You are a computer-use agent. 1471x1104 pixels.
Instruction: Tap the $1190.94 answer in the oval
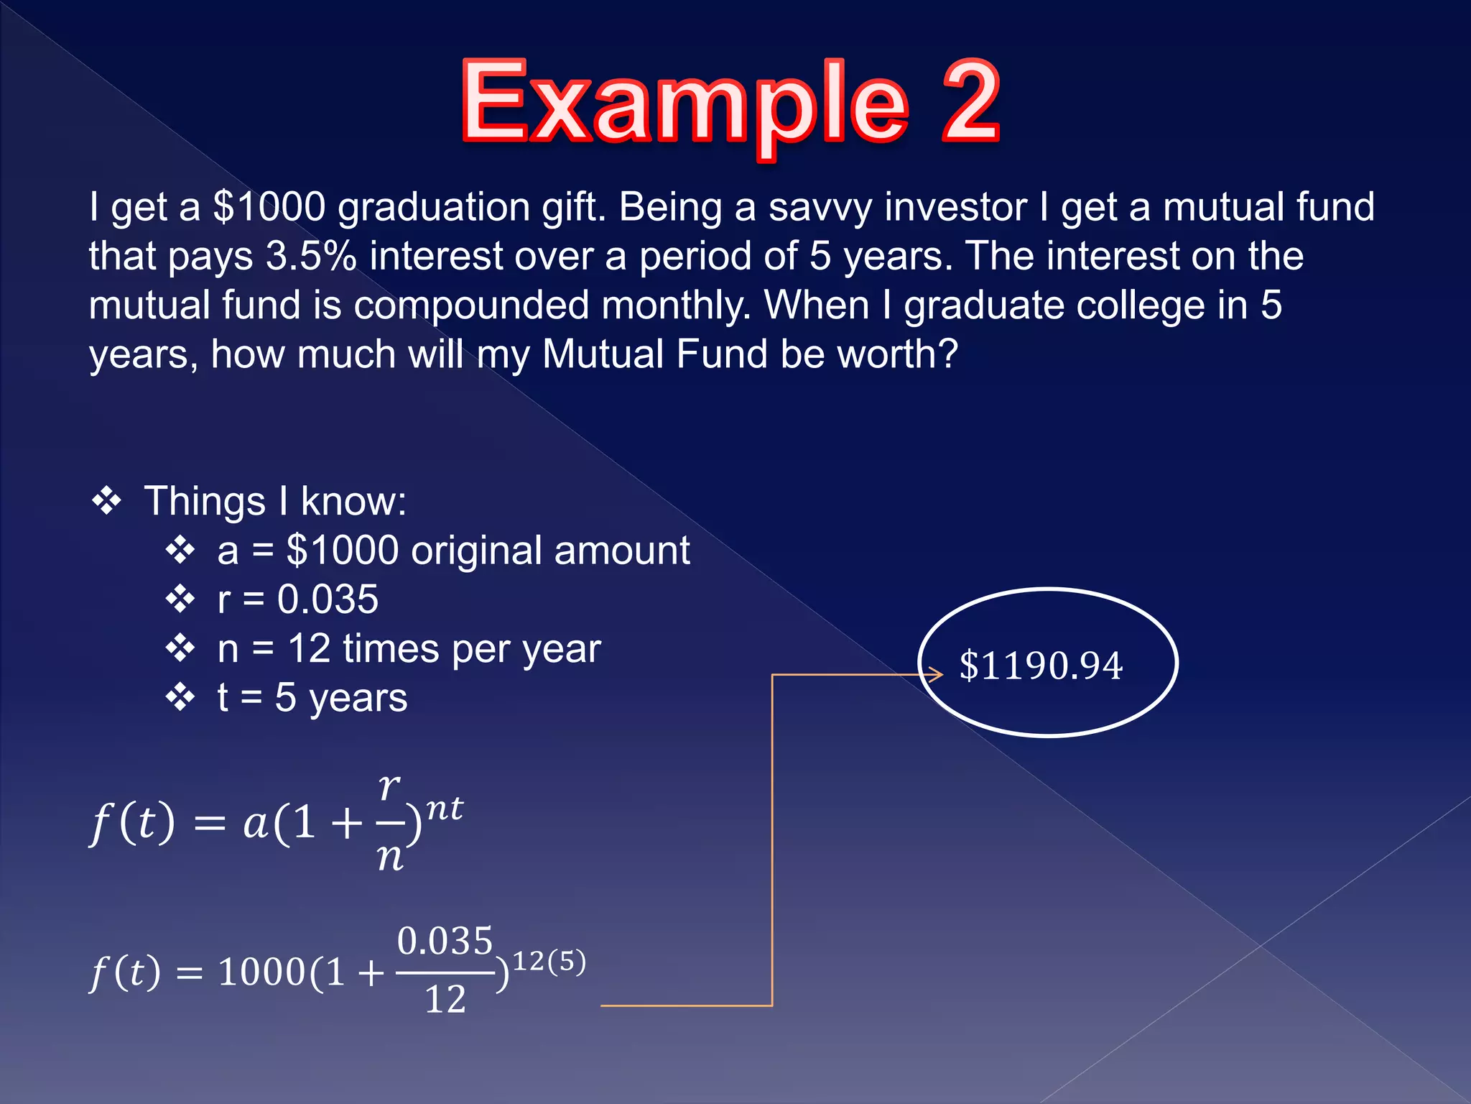(1041, 665)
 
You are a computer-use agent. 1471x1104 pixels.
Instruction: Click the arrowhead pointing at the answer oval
(935, 673)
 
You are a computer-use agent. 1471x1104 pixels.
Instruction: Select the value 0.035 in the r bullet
(328, 599)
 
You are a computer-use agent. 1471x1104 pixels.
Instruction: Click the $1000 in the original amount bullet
(342, 551)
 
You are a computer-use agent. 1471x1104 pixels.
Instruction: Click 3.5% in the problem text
(311, 256)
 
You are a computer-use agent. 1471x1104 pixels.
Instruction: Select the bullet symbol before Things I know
(106, 501)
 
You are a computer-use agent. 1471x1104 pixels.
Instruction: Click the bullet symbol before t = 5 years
(180, 697)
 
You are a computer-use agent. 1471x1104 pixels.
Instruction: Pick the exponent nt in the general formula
(445, 809)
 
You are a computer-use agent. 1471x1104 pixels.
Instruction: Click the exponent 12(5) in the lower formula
(549, 961)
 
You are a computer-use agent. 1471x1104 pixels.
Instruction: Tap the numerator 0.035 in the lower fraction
(445, 941)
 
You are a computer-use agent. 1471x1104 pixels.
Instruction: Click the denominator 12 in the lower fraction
(445, 999)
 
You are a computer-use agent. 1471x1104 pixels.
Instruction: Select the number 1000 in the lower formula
(262, 972)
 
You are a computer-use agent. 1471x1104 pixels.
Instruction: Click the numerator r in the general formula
(389, 787)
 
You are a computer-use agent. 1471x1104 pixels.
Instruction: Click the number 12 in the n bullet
(309, 648)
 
